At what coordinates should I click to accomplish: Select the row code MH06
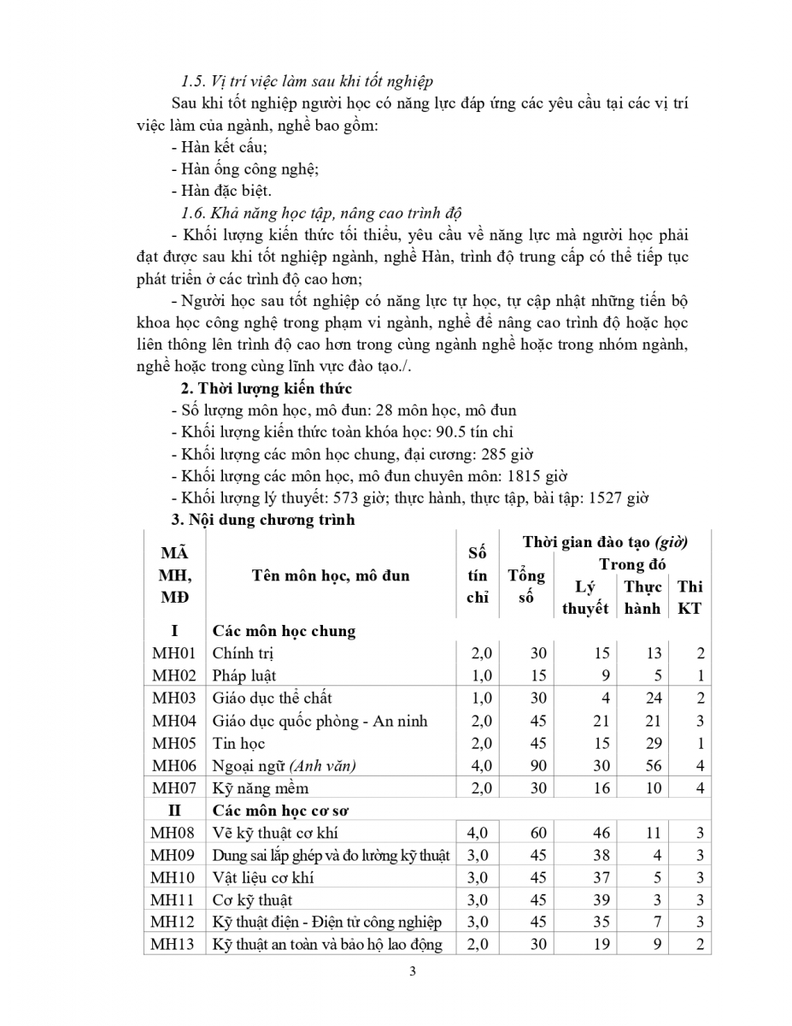point(173,766)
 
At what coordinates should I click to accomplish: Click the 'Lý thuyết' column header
point(585,597)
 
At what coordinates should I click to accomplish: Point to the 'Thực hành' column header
point(642,597)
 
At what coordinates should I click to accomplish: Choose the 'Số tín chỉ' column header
point(477,575)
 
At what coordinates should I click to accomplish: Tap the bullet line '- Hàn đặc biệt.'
point(221,191)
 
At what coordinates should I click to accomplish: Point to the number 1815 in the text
point(517,476)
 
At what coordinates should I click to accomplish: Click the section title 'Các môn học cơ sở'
point(284,811)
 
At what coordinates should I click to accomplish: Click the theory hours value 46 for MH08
point(601,833)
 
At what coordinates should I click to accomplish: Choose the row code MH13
point(173,944)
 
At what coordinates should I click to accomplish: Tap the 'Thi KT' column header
point(689,597)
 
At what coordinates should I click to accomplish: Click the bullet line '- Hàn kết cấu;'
point(219,147)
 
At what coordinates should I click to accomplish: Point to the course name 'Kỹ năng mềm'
point(261,788)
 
